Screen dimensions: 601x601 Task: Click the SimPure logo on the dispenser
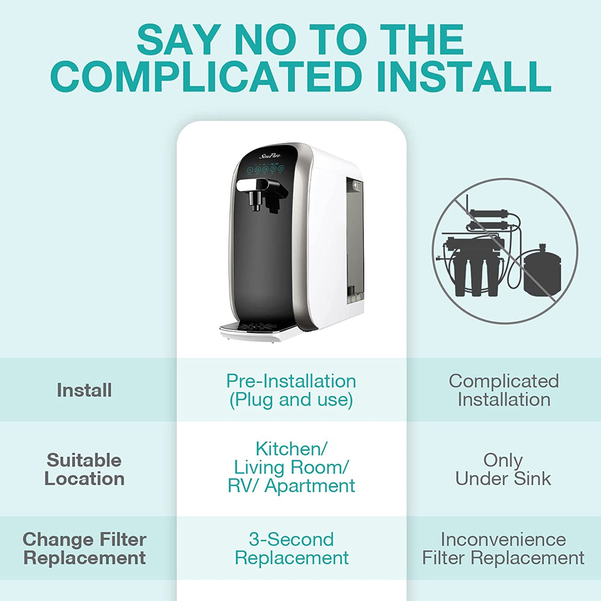[270, 155]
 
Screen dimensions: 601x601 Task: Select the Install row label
[84, 390]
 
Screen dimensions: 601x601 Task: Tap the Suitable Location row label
[84, 469]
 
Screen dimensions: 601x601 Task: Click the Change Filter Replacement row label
[84, 548]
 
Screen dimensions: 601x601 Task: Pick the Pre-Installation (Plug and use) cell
[291, 390]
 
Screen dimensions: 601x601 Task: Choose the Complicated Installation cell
[504, 390]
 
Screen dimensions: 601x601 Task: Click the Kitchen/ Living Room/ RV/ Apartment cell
[291, 467]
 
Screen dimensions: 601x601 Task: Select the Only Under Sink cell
[503, 469]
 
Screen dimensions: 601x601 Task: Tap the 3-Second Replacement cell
[291, 548]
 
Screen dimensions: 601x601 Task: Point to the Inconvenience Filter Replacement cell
[503, 548]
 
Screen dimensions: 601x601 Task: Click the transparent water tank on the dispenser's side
[355, 240]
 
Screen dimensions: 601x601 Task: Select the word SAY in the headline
[175, 40]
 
